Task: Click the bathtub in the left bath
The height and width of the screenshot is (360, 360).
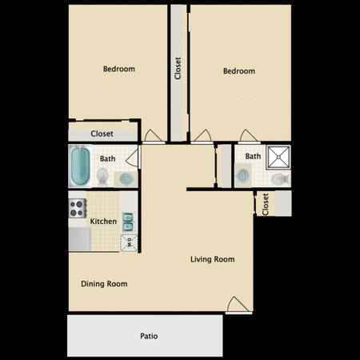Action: pyautogui.click(x=80, y=166)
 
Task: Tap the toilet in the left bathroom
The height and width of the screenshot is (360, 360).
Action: pyautogui.click(x=102, y=177)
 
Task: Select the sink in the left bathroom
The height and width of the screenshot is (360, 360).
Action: pyautogui.click(x=126, y=179)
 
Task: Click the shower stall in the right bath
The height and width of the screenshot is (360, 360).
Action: pyautogui.click(x=278, y=157)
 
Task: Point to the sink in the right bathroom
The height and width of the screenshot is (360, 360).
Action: pyautogui.click(x=242, y=175)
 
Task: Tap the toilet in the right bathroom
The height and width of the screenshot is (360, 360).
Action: pyautogui.click(x=280, y=178)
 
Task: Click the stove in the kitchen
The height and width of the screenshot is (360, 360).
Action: pyautogui.click(x=78, y=208)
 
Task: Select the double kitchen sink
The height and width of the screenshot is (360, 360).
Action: pyautogui.click(x=128, y=222)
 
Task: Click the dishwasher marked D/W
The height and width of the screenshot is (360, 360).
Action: pyautogui.click(x=129, y=242)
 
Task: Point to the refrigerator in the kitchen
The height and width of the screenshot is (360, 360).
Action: pyautogui.click(x=79, y=239)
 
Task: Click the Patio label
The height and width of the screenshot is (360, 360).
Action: pyautogui.click(x=149, y=336)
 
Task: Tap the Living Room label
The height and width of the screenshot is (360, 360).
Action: pyautogui.click(x=213, y=259)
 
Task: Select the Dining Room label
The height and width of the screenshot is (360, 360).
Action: pyautogui.click(x=104, y=284)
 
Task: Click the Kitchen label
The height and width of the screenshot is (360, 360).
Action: pyautogui.click(x=103, y=222)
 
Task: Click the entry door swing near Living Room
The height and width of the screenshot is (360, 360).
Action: pyautogui.click(x=238, y=305)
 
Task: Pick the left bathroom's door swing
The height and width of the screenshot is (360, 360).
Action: pyautogui.click(x=133, y=158)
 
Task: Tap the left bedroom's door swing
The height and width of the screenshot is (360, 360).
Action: pyautogui.click(x=153, y=136)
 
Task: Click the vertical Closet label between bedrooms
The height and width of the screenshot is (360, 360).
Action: pyautogui.click(x=178, y=68)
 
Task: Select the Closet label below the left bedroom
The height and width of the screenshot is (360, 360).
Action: pyautogui.click(x=102, y=134)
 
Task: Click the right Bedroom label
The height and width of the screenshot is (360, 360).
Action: pyautogui.click(x=239, y=71)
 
